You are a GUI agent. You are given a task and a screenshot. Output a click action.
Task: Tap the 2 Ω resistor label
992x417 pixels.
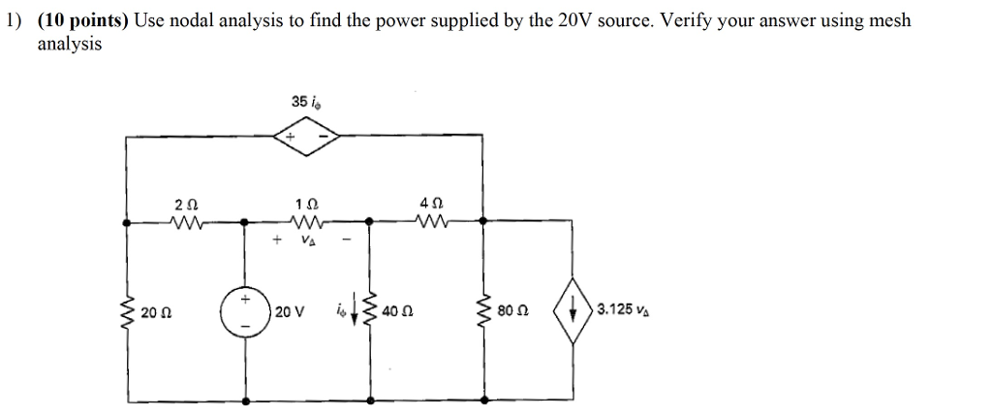click(185, 205)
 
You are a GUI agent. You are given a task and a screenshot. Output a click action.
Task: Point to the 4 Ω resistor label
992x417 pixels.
click(431, 205)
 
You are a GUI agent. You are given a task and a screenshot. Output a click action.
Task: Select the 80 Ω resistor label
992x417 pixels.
click(511, 311)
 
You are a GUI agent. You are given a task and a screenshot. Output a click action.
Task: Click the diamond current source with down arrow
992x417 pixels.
click(573, 310)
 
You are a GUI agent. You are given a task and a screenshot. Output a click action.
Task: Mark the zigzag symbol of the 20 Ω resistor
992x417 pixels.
click(126, 311)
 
